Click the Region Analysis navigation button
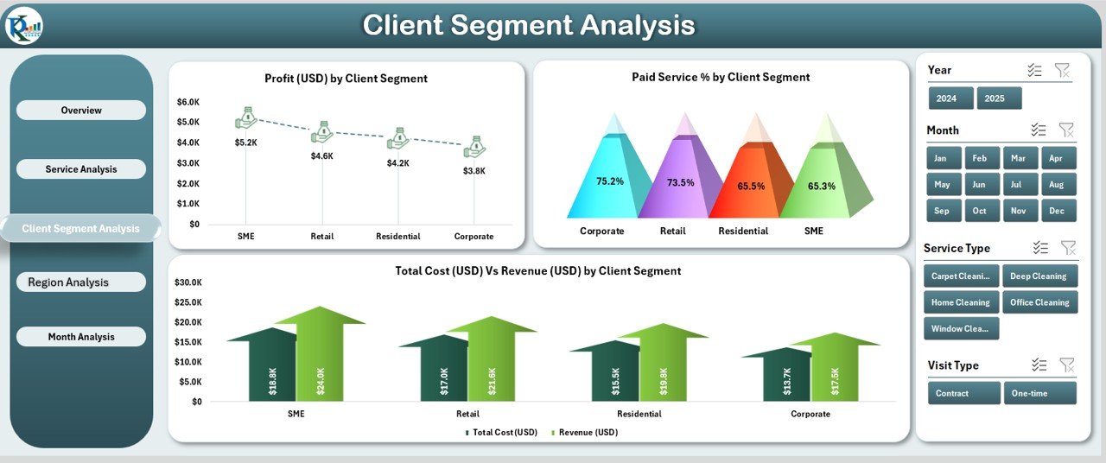pyautogui.click(x=81, y=282)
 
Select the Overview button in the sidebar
pyautogui.click(x=81, y=111)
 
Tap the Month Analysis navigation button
pyautogui.click(x=81, y=337)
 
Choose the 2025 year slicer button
pyautogui.click(x=999, y=98)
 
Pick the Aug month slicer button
pyautogui.click(x=1058, y=185)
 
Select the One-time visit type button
pyautogui.click(x=1039, y=393)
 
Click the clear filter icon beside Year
pyautogui.click(x=1062, y=71)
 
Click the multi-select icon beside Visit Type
pyautogui.click(x=1039, y=365)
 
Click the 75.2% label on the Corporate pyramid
pyautogui.click(x=609, y=181)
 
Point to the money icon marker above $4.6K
pyautogui.click(x=322, y=132)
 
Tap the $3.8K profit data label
pyautogui.click(x=474, y=171)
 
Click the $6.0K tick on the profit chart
pyautogui.click(x=188, y=102)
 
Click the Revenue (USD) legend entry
pyautogui.click(x=588, y=432)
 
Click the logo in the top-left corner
pyautogui.click(x=23, y=26)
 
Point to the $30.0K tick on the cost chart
pyautogui.click(x=188, y=282)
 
